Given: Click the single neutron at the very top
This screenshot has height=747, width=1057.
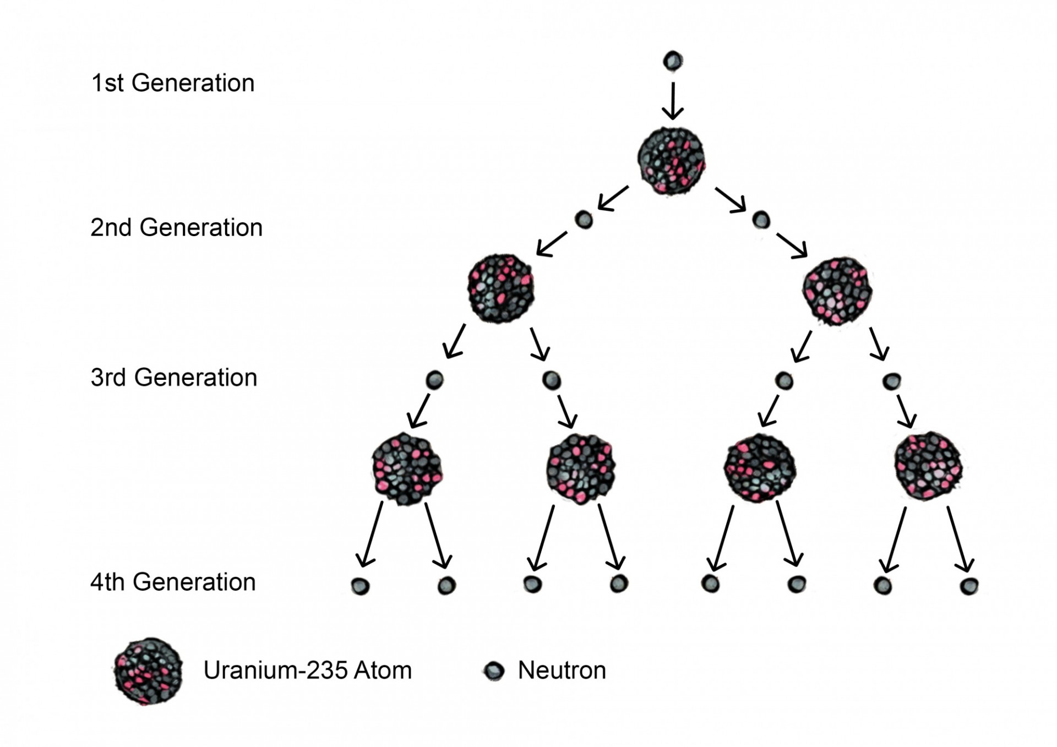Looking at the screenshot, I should click(x=673, y=61).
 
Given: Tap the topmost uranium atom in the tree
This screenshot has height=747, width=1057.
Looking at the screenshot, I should click(x=671, y=161).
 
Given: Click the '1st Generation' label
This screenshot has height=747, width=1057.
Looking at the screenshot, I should click(x=173, y=83).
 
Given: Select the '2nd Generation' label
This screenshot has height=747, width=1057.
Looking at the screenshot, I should click(x=176, y=227).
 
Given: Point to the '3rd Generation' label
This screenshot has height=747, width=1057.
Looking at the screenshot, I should click(x=174, y=378).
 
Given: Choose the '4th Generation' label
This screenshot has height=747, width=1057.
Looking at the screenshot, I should click(x=173, y=582).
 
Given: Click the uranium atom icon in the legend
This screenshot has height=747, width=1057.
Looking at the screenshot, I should click(x=149, y=671).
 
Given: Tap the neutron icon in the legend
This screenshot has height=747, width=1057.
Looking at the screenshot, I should click(x=494, y=670).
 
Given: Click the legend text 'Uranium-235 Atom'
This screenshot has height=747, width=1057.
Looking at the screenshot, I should click(x=308, y=670).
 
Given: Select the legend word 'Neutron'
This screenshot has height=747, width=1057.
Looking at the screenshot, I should click(x=562, y=670).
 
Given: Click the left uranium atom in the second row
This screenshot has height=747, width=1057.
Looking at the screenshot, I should click(x=501, y=288).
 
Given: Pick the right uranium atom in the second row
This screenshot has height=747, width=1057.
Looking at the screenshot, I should click(x=837, y=291).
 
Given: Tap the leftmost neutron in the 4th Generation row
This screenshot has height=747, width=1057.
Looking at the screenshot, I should click(x=360, y=586).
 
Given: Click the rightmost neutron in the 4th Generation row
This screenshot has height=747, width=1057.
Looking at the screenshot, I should click(x=969, y=586).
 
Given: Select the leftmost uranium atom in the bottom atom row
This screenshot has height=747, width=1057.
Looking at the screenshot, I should click(x=407, y=470).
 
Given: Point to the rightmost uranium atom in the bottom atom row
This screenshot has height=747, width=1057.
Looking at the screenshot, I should click(x=928, y=466).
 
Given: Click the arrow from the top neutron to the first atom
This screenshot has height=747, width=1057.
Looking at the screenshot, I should click(x=673, y=101).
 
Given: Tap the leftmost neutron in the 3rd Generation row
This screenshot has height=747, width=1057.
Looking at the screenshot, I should click(x=434, y=380).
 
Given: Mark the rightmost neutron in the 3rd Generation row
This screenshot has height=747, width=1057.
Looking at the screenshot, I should click(x=891, y=381).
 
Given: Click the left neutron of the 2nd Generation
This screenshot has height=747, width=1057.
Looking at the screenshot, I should click(x=584, y=220).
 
